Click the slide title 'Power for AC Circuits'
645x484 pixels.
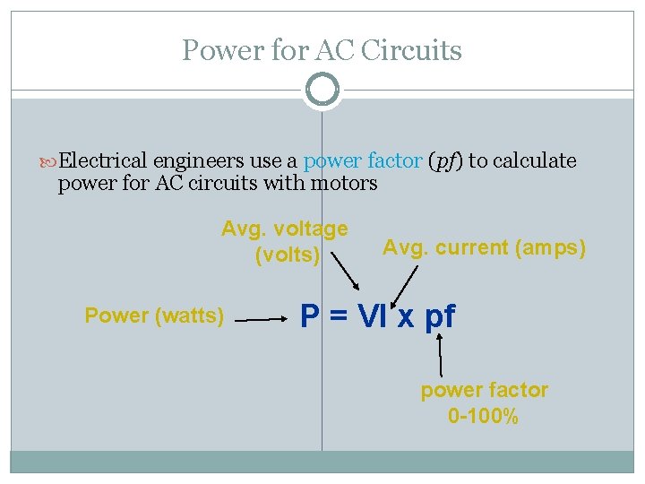(x=322, y=50)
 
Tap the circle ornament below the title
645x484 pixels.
(x=322, y=90)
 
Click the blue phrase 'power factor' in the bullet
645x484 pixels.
(x=362, y=161)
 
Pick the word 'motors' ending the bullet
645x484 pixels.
(x=344, y=185)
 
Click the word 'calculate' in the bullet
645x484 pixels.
(x=535, y=161)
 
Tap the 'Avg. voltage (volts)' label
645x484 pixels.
(x=286, y=242)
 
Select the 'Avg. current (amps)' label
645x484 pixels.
(x=484, y=247)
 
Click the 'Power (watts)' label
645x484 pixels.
(x=154, y=315)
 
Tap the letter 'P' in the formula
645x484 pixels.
(x=310, y=316)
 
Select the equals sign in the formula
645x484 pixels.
(x=339, y=317)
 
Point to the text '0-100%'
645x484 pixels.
(x=483, y=416)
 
